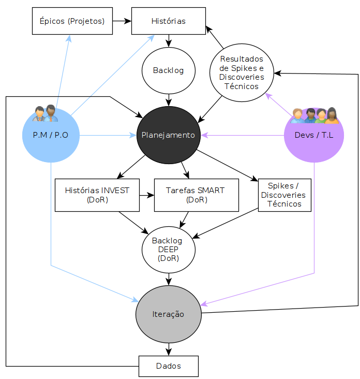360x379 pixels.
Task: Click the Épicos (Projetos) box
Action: pos(72,21)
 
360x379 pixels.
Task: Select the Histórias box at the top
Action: pos(169,21)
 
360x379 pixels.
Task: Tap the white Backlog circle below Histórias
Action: pos(169,70)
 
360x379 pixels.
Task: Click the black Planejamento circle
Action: pos(169,135)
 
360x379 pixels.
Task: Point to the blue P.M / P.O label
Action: pos(51,135)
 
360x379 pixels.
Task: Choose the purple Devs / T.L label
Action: pos(314,135)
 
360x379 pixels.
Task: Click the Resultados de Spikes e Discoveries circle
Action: pos(242,73)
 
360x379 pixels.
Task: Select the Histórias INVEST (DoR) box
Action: pos(97,195)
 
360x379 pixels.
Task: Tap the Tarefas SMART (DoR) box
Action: pos(197,195)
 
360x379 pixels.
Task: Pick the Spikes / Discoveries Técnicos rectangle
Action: pos(284,195)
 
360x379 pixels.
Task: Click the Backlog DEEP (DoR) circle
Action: pos(169,250)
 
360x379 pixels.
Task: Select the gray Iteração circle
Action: pos(169,314)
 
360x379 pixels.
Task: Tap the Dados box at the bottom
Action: pos(169,366)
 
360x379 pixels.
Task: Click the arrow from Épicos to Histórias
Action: pos(122,21)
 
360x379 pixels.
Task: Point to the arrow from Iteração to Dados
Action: pos(169,349)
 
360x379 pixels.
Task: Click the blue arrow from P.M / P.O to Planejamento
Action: pos(108,135)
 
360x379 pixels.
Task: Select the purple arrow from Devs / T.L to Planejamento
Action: pos(243,135)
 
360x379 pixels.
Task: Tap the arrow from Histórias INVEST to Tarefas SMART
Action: pos(147,195)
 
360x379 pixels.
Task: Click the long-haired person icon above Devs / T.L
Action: pos(332,116)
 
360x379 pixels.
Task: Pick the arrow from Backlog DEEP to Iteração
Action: pos(169,280)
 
